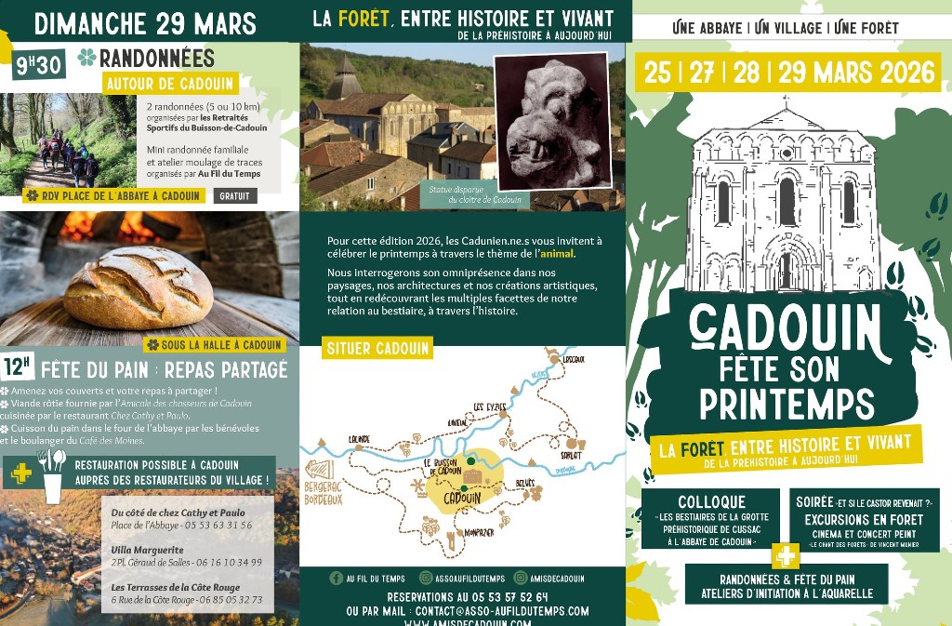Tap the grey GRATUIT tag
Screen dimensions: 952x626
coord(235,196)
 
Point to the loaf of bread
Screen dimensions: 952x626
coord(137,286)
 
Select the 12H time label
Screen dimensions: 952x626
coord(19,366)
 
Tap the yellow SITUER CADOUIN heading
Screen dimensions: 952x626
coord(377,349)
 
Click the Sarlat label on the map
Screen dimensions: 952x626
coord(571,455)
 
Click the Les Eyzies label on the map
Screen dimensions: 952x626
coord(490,406)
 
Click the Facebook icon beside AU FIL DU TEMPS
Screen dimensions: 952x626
coord(336,578)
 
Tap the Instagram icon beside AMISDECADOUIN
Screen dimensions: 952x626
coord(521,578)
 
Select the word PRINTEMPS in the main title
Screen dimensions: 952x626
coord(787,404)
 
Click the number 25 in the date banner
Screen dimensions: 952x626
coord(657,73)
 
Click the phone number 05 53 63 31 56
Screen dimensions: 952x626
coord(220,526)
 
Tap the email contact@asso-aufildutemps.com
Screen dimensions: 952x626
coord(502,611)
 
